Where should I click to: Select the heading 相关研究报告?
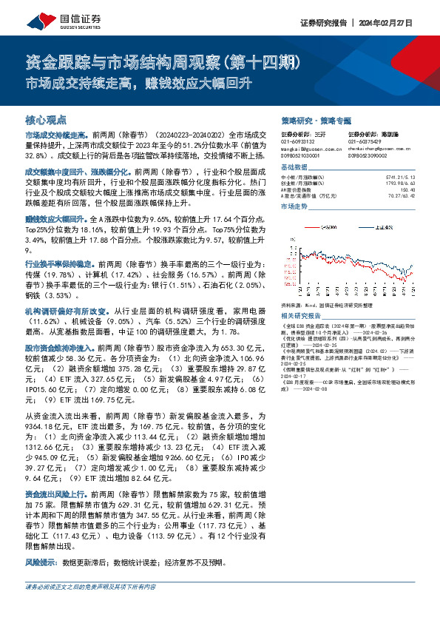[301, 315]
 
